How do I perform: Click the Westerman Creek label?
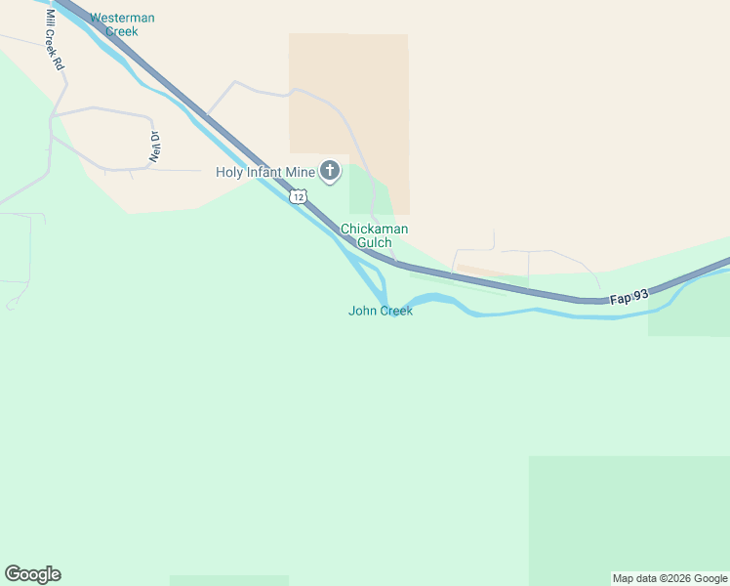[x=122, y=24]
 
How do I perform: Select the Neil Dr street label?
[x=154, y=146]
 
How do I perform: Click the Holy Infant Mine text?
[x=265, y=173]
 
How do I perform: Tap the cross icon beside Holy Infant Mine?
[x=330, y=172]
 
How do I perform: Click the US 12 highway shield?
[x=298, y=197]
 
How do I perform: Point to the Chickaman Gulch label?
[x=374, y=235]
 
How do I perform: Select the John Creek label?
[x=381, y=311]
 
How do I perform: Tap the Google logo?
[x=32, y=574]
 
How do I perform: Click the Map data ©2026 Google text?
[x=669, y=578]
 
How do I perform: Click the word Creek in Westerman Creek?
[x=122, y=31]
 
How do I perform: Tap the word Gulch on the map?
[x=374, y=242]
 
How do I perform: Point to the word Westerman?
[x=122, y=18]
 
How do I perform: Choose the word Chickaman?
[x=374, y=230]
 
